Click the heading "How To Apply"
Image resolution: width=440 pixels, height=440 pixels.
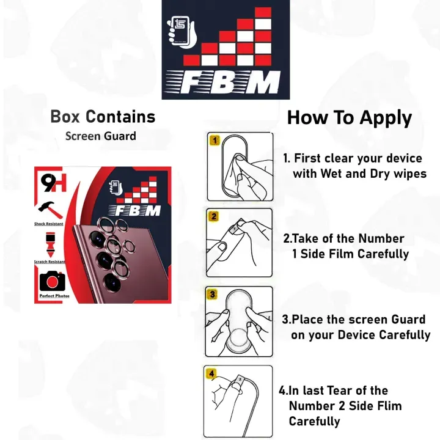[x=349, y=117]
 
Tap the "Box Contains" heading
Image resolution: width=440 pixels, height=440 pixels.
[x=103, y=116]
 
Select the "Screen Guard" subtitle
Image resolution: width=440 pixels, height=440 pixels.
[x=101, y=136]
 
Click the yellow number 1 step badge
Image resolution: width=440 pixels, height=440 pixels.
[x=214, y=140]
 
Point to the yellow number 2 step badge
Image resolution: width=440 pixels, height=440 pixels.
[x=213, y=216]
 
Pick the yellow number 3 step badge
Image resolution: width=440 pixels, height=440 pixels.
[x=213, y=294]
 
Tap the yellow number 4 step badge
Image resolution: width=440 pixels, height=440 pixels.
[x=211, y=373]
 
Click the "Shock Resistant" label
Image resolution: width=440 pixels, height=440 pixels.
[x=49, y=224]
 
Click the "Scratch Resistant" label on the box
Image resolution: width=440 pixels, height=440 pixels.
[x=50, y=262]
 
